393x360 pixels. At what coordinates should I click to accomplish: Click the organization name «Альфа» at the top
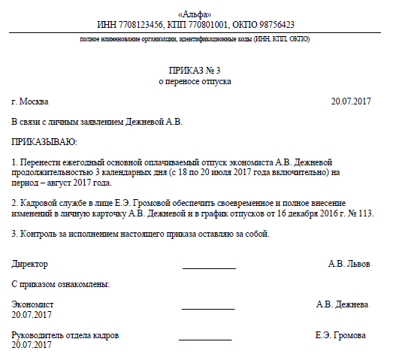coord(195,14)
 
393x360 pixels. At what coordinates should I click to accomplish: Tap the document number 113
coord(365,213)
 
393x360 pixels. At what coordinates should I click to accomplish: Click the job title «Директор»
coord(30,264)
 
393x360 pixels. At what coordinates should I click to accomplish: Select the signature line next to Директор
coord(209,268)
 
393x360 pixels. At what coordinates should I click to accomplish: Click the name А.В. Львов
coord(349,264)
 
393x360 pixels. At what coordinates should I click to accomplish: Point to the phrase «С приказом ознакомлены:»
coord(62,284)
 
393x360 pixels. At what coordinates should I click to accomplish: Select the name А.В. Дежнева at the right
coord(342,304)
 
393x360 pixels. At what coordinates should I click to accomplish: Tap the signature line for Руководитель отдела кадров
coord(205,339)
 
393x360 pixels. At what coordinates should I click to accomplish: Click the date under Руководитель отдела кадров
coord(32,345)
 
